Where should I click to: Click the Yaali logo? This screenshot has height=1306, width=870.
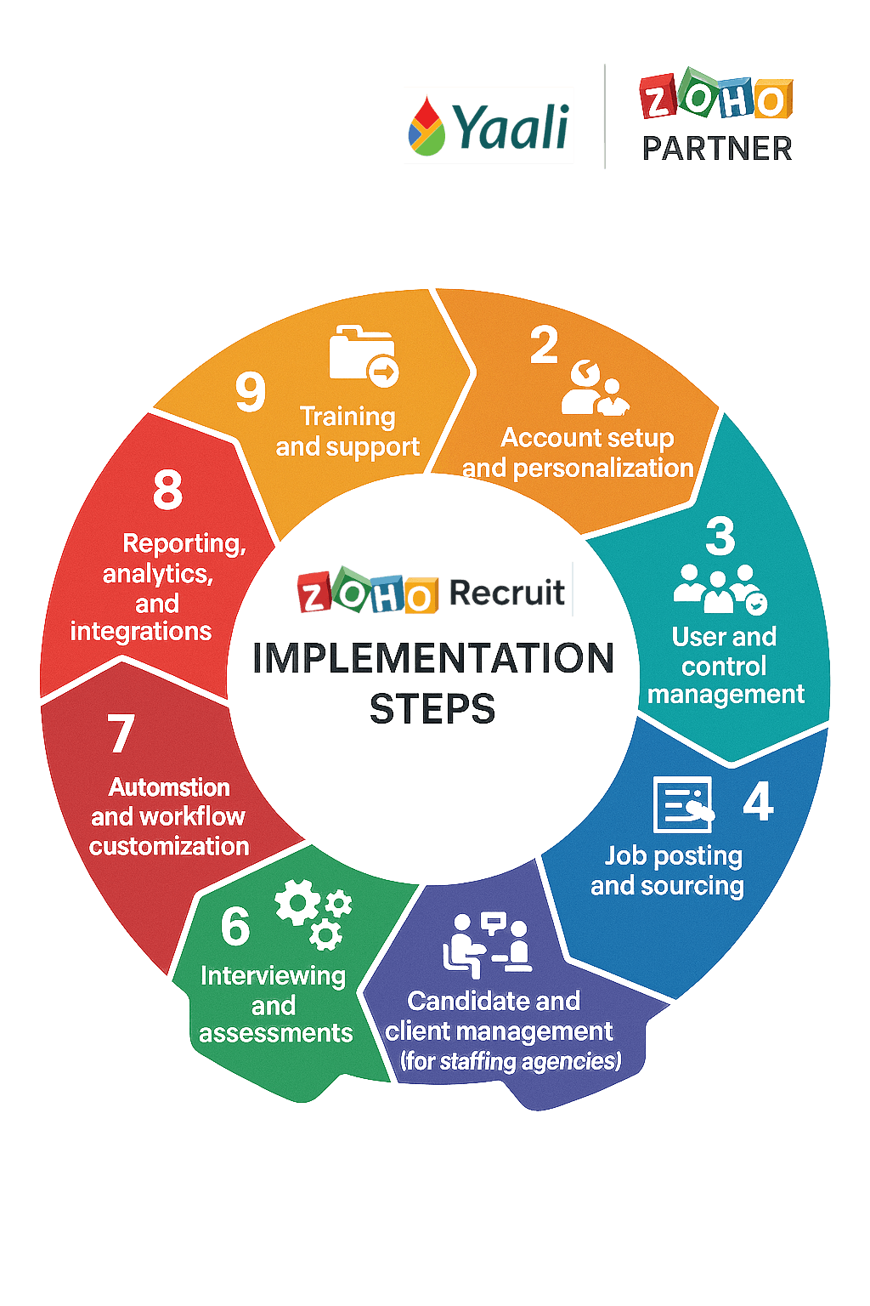(x=489, y=125)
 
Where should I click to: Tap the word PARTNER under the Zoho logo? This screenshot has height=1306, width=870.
(x=716, y=149)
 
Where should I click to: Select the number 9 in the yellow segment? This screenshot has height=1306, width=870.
(x=250, y=392)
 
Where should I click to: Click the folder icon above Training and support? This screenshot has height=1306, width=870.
(x=363, y=355)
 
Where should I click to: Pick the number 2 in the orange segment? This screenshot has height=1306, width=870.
(x=545, y=345)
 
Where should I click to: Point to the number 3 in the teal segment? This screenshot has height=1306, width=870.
(x=720, y=537)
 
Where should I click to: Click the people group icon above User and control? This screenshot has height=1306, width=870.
(x=719, y=588)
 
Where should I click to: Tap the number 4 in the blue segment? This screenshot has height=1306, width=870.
(x=757, y=802)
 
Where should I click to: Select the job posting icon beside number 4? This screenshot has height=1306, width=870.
(x=682, y=803)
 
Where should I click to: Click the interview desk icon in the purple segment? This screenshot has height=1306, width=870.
(x=488, y=945)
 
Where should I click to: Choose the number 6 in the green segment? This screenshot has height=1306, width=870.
(x=235, y=926)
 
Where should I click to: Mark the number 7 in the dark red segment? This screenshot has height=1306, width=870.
(x=121, y=733)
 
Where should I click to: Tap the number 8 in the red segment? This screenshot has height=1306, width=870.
(x=167, y=490)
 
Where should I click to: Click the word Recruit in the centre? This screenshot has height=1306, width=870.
(x=507, y=593)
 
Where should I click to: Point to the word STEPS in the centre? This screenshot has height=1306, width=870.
(x=432, y=708)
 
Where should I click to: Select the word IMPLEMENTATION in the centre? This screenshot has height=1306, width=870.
(x=432, y=659)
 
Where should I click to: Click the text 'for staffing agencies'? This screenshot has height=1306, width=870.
(x=511, y=1061)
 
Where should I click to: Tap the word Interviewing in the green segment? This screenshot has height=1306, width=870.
(x=273, y=975)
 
